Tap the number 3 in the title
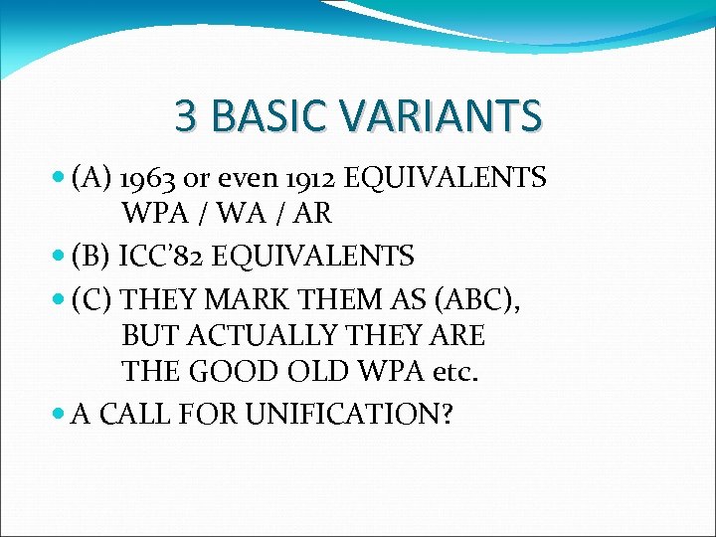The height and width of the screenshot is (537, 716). click(185, 115)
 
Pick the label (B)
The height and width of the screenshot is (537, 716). click(90, 257)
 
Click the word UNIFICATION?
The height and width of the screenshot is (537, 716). click(363, 413)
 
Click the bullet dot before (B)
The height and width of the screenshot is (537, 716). click(62, 257)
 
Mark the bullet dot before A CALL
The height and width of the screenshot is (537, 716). click(62, 413)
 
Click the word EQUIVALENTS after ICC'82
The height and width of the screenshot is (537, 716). click(315, 257)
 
